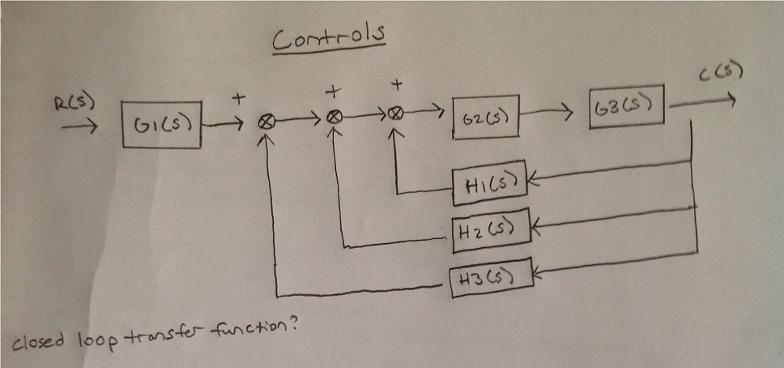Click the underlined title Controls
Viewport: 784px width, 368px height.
click(328, 37)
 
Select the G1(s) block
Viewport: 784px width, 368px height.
click(162, 126)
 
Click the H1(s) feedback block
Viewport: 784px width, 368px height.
click(488, 184)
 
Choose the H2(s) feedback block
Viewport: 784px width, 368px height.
click(488, 229)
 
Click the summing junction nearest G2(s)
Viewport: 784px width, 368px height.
click(395, 114)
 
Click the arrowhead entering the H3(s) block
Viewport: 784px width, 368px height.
click(537, 274)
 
